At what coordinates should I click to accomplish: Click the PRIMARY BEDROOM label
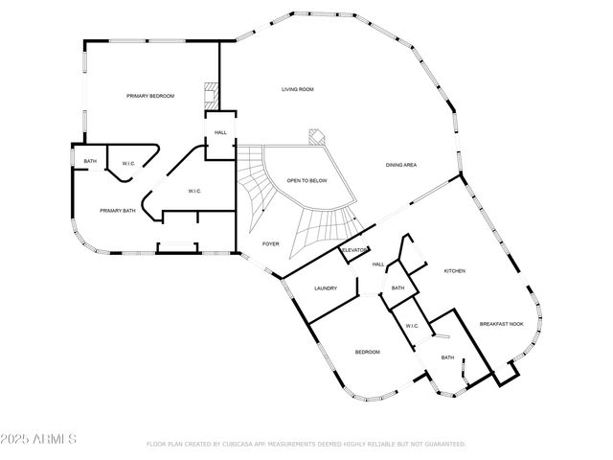150,96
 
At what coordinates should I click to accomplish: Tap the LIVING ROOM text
297,89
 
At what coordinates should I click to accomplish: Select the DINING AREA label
400,165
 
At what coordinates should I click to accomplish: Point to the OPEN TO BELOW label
307,180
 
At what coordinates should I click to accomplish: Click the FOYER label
271,243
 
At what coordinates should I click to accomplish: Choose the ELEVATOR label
355,250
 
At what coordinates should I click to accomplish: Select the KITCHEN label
454,272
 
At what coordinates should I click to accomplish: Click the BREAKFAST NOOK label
501,324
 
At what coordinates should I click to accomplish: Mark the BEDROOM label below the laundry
368,352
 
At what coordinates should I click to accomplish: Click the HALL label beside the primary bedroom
220,132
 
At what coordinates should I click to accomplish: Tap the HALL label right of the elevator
378,264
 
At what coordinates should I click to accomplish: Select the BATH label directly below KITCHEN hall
397,288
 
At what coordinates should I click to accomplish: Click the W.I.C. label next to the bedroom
412,326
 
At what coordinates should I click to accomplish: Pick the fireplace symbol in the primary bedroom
210,96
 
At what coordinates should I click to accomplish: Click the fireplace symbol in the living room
315,136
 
